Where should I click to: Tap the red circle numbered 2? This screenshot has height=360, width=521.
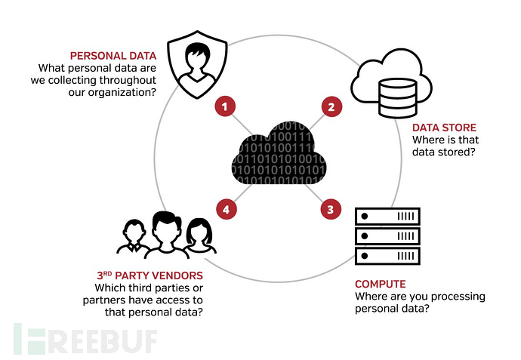[x=330, y=107]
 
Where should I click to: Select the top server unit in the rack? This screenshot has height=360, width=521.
[x=387, y=217]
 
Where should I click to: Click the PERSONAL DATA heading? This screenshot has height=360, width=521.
[x=113, y=55]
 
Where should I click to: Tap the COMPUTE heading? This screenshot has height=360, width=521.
[x=381, y=285]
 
